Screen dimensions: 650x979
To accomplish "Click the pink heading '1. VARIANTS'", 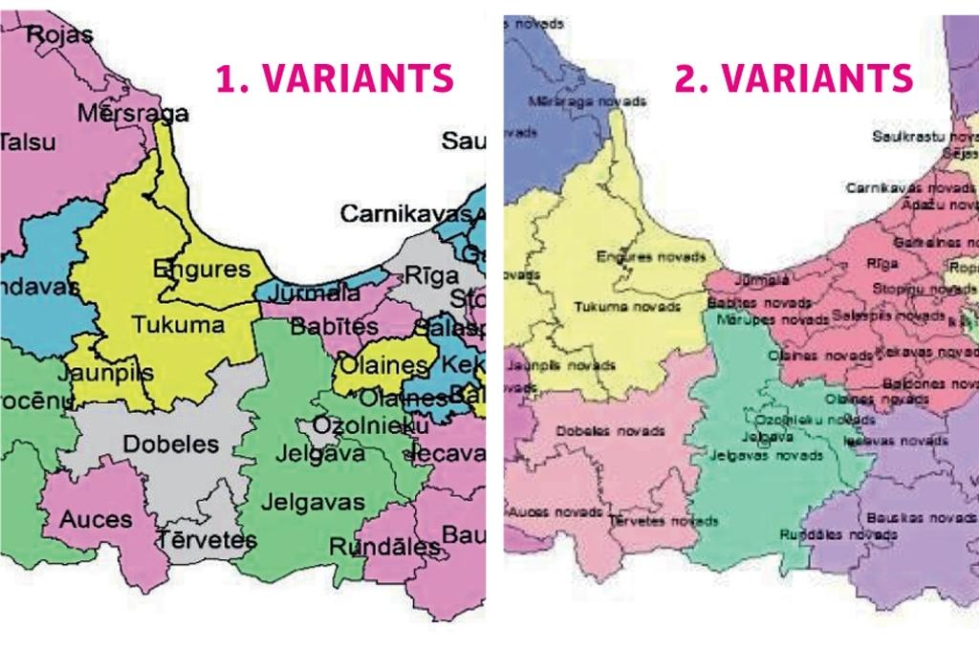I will point(334,79).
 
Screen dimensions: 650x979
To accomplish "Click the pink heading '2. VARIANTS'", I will point(794,79).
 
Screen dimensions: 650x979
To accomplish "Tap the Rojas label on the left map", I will point(60,35).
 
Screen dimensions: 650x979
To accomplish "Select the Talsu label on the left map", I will point(27,142).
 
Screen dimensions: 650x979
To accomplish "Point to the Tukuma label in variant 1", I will point(179,324).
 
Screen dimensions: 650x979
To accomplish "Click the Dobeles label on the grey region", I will point(170,444).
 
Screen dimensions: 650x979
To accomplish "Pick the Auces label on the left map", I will point(96,520).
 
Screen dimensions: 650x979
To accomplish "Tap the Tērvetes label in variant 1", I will point(207,539).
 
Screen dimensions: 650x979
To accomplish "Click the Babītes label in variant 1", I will point(334,326).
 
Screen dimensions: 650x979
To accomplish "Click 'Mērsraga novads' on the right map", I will point(586,100).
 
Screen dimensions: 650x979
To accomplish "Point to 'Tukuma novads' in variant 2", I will point(627,307).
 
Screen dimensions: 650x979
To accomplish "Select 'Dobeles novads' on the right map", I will point(610,430).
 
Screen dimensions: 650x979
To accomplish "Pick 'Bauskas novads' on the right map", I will point(921,517).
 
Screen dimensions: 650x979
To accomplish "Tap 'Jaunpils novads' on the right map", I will point(560,365).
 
